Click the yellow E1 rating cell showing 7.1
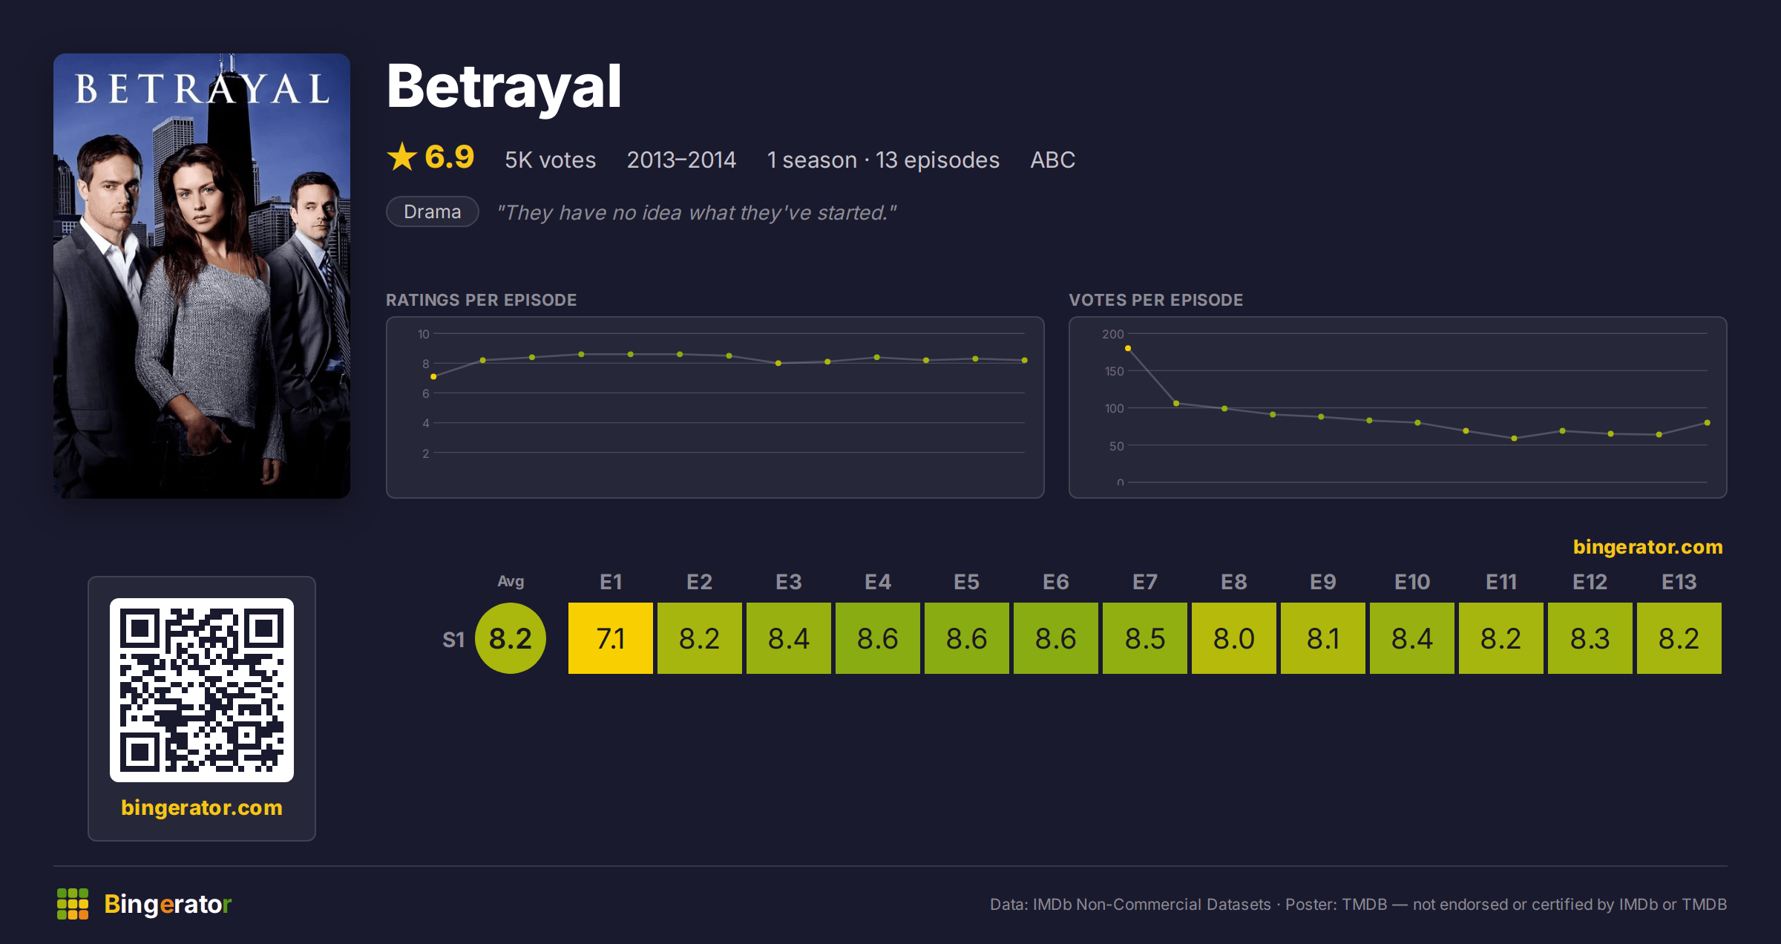click(611, 638)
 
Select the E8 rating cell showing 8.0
click(1234, 638)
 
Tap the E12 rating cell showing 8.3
click(1590, 638)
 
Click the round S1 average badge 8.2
click(511, 638)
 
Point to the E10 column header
click(1412, 582)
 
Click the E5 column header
click(967, 582)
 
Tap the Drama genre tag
click(433, 212)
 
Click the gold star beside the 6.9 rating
click(402, 157)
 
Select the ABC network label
click(1052, 160)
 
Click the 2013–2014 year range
click(681, 160)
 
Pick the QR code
click(202, 690)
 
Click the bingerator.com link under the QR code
click(202, 807)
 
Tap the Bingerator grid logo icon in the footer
click(73, 904)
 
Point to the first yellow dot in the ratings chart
click(433, 377)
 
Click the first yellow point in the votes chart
click(1128, 348)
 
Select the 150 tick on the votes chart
click(1114, 371)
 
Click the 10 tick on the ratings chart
click(423, 334)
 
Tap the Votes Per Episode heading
click(1155, 300)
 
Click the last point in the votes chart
click(1708, 423)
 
